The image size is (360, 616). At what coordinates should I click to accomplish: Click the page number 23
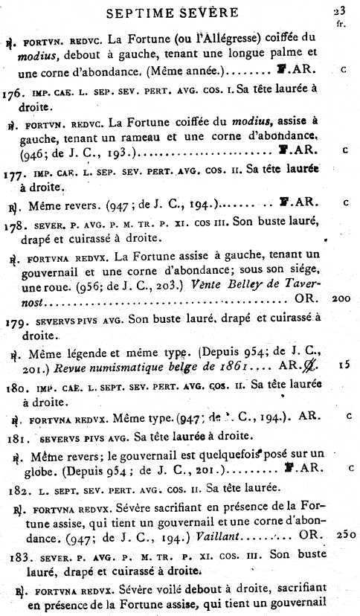[x=340, y=10]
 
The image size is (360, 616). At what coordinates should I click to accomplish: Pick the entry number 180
[x=13, y=387]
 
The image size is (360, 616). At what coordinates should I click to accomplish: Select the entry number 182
[x=13, y=488]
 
